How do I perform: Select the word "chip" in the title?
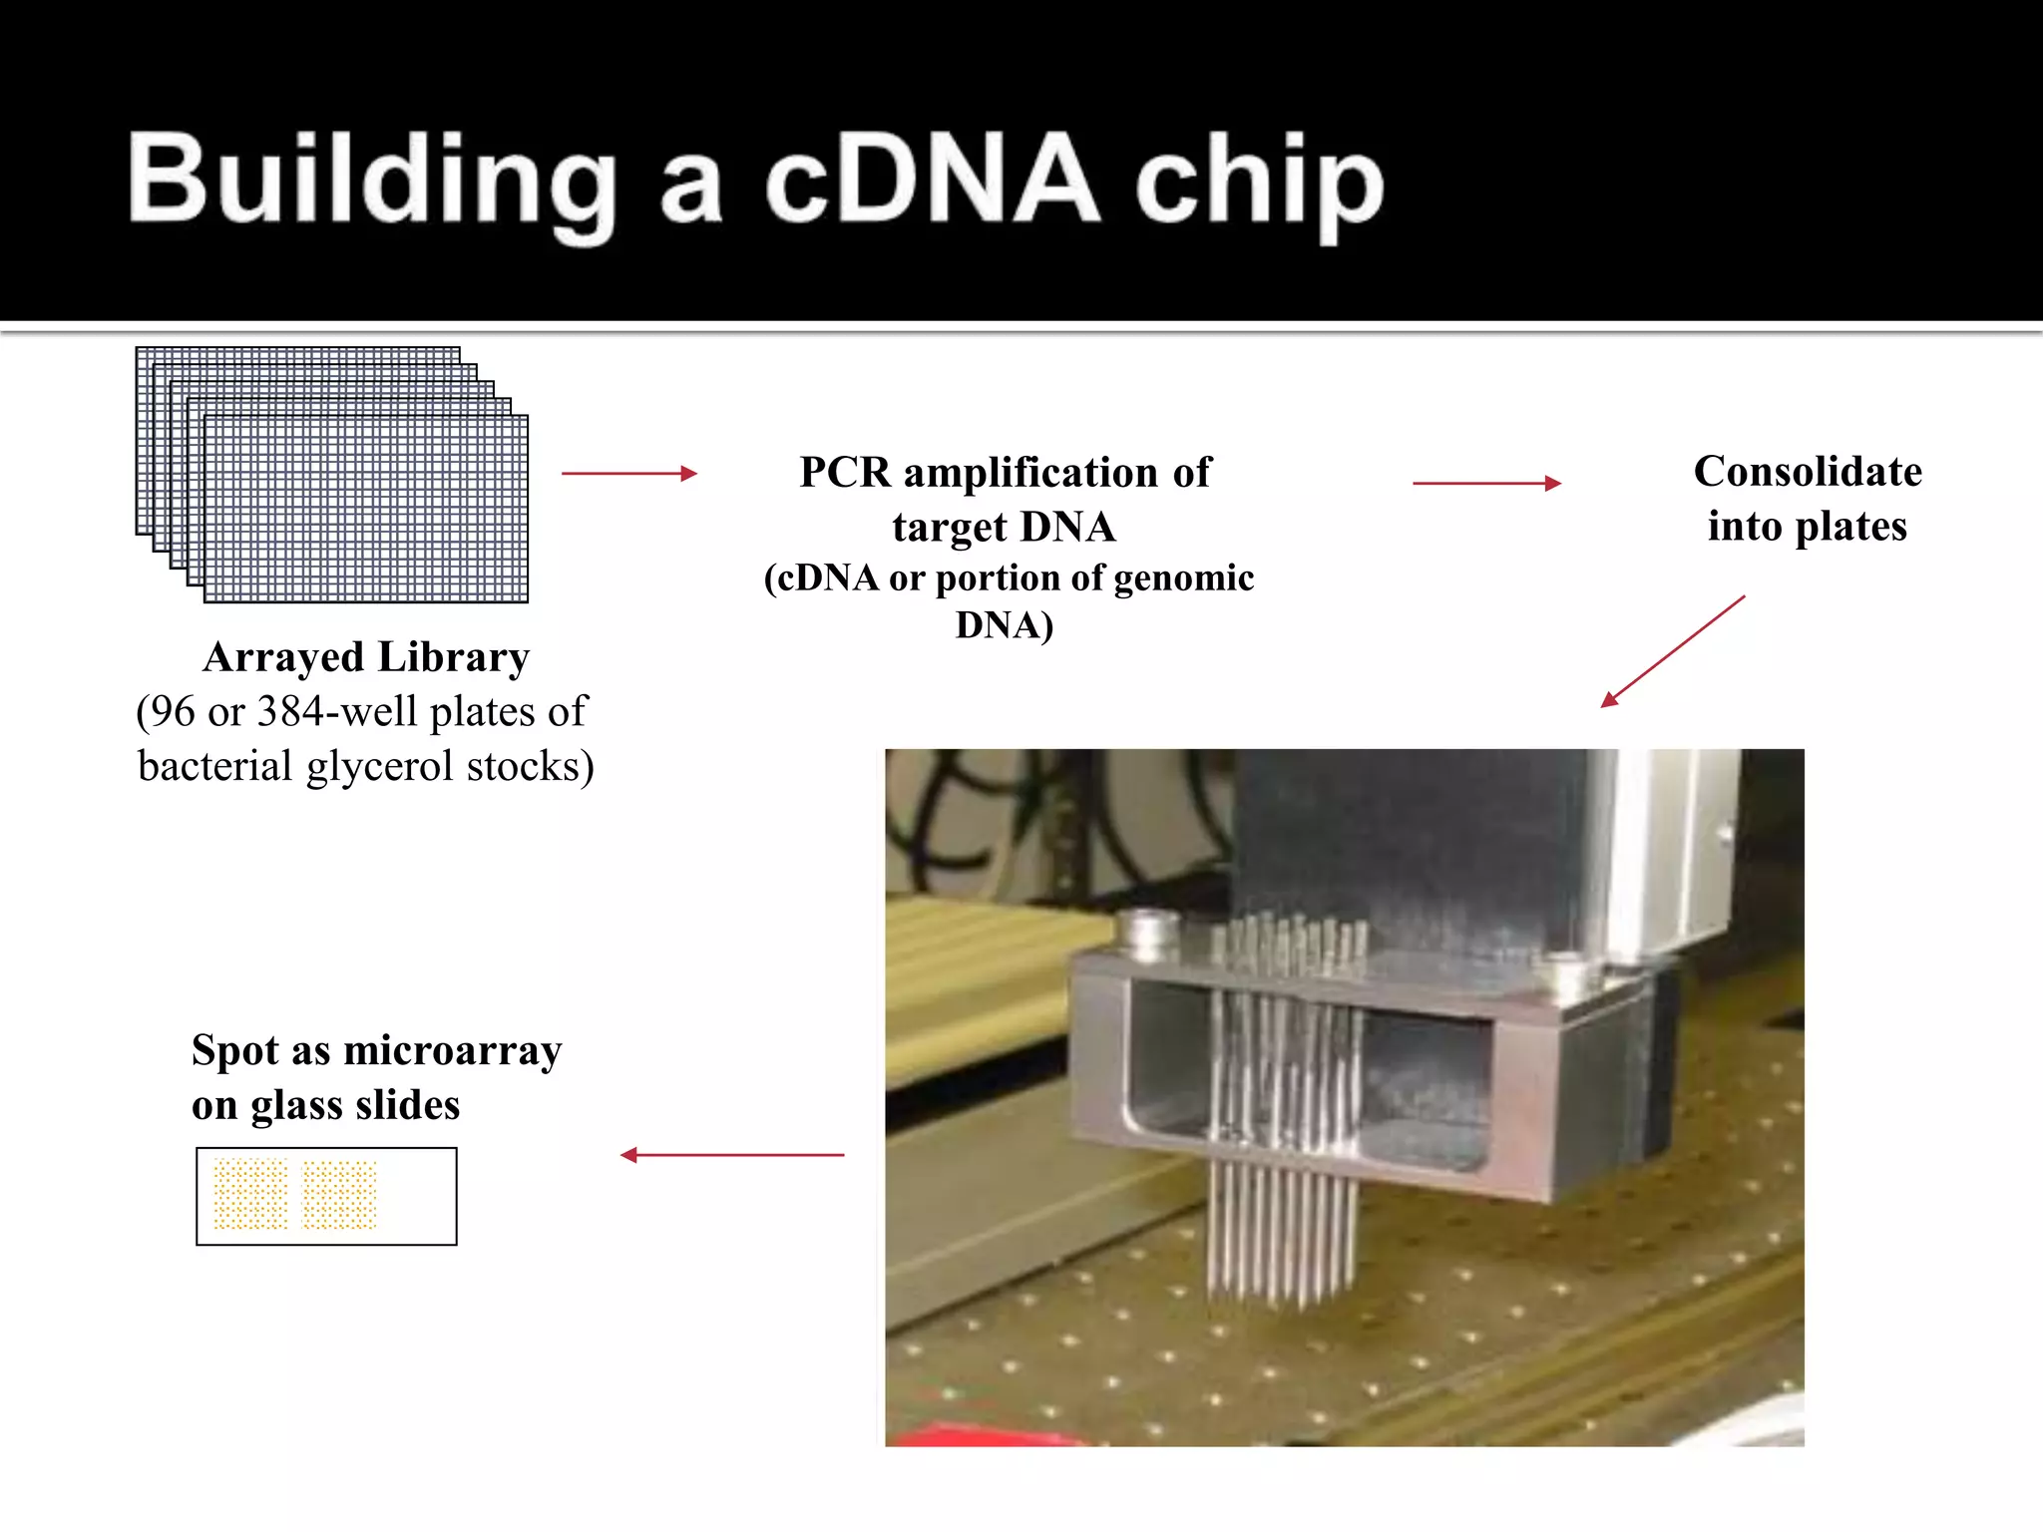tap(1259, 184)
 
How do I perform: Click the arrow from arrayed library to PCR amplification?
tap(628, 474)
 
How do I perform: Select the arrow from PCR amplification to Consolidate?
tap(1486, 484)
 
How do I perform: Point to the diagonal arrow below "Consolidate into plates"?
tap(1673, 651)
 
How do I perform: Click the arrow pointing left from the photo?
tap(732, 1155)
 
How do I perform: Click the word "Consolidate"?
tap(1808, 472)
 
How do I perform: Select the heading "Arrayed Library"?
tap(366, 657)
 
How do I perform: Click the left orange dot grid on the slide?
tap(250, 1194)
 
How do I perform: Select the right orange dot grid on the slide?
tap(339, 1194)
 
